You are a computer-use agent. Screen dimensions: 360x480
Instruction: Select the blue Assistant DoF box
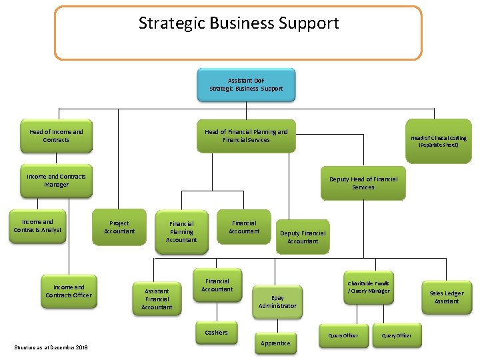tap(246, 85)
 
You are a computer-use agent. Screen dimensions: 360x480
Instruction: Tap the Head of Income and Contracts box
tap(56, 136)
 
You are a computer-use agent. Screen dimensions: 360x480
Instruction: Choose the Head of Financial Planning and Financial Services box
tap(246, 136)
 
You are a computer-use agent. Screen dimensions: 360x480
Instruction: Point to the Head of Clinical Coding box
tap(438, 141)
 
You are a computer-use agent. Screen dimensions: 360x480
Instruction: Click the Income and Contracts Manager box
tap(56, 181)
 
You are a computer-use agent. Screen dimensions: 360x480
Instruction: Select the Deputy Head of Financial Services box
tap(363, 183)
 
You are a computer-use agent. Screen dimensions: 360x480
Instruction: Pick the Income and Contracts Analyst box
tap(37, 227)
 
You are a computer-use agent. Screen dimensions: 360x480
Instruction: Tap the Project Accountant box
tap(119, 228)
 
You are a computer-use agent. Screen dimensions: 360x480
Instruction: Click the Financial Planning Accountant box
tap(181, 232)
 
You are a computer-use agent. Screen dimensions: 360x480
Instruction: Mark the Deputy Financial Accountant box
tap(303, 237)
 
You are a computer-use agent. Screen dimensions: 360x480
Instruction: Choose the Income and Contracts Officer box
tap(69, 291)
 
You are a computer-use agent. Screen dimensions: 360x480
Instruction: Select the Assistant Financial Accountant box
tap(157, 299)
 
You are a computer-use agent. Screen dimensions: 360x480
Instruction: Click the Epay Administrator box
tap(277, 302)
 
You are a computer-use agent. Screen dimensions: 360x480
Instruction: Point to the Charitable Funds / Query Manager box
tap(368, 287)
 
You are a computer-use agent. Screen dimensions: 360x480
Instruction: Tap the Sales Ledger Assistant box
tap(447, 297)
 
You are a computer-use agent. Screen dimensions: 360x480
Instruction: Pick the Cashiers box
tap(216, 333)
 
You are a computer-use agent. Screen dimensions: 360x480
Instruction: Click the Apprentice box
tap(275, 343)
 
